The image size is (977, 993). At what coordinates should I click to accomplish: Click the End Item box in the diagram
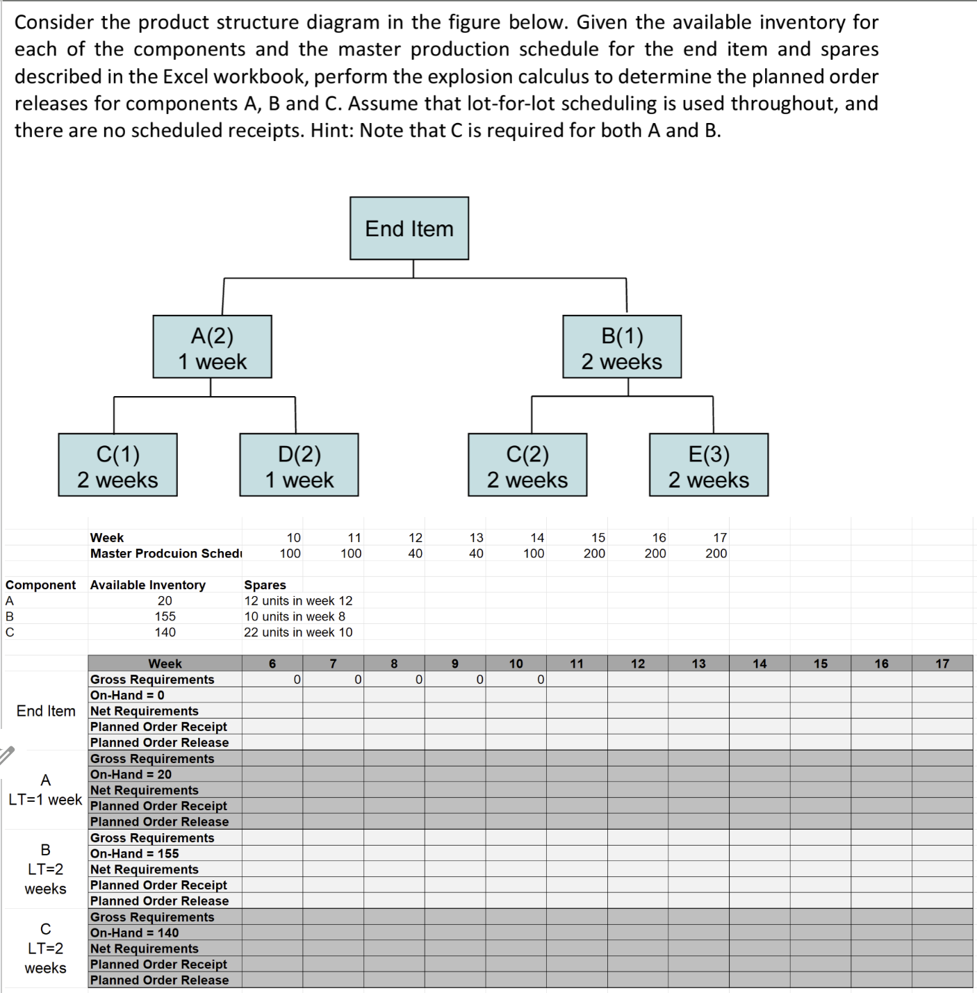[x=409, y=229]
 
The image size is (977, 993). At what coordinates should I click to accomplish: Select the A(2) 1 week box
[x=212, y=347]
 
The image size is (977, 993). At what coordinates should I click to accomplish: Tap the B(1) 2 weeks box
[x=622, y=347]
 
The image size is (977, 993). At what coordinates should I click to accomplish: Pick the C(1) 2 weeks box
[x=118, y=466]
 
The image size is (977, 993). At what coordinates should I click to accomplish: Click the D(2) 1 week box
[x=299, y=466]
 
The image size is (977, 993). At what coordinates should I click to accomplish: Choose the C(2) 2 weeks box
[x=527, y=466]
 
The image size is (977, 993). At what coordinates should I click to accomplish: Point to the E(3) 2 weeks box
[x=709, y=466]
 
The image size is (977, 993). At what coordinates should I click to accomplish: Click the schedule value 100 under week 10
[x=290, y=554]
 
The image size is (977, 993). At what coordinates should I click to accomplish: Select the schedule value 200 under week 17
[x=716, y=554]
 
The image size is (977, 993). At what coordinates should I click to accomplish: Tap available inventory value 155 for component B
[x=165, y=616]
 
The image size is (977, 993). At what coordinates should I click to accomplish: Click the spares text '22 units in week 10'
[x=298, y=632]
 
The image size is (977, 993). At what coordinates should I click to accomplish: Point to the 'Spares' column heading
[x=265, y=585]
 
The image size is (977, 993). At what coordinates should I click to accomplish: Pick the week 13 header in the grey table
[x=698, y=664]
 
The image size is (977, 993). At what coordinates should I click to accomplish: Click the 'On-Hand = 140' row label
[x=135, y=933]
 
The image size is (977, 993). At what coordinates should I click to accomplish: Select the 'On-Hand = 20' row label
[x=131, y=774]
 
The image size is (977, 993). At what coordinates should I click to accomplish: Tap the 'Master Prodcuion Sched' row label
[x=166, y=554]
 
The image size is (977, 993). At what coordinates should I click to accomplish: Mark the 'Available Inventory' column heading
[x=148, y=585]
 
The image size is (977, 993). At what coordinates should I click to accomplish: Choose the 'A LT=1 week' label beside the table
[x=45, y=790]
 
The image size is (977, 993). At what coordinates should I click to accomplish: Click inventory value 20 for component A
[x=165, y=601]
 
